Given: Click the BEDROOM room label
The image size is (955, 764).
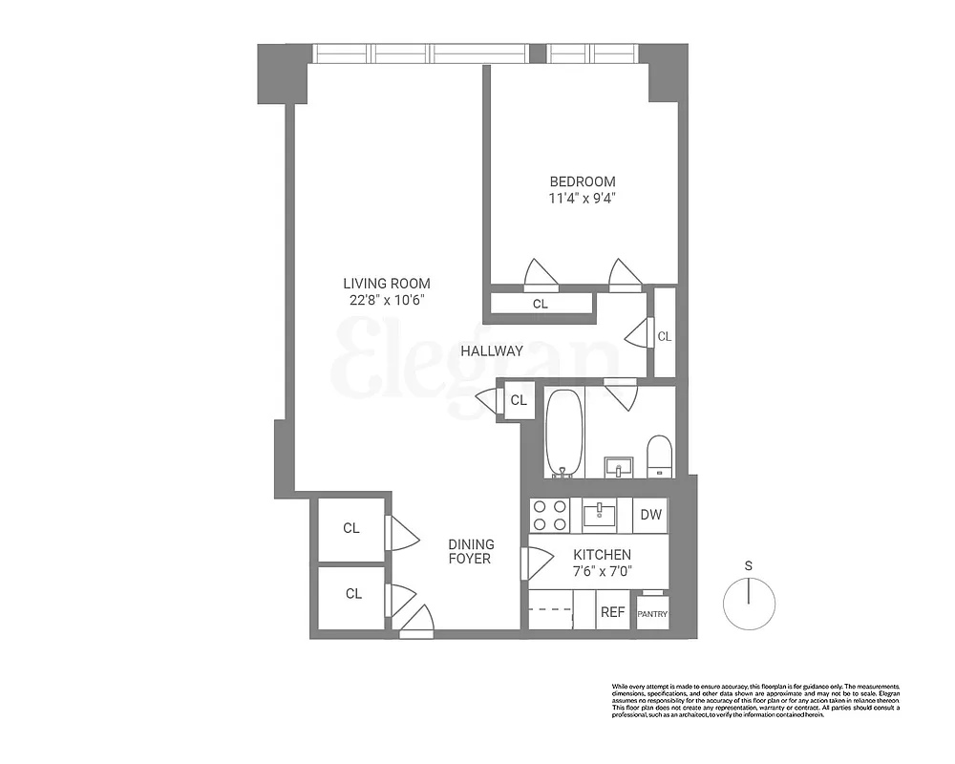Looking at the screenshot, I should (x=582, y=181).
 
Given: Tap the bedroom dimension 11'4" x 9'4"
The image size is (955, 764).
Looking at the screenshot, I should (x=582, y=199).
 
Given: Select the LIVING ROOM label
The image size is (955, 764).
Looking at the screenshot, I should (x=387, y=283).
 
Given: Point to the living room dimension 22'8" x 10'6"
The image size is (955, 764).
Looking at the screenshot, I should (x=387, y=300).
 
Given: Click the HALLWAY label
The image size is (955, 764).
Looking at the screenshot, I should (x=492, y=350).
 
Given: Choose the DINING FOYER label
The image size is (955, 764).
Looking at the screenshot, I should (x=470, y=551).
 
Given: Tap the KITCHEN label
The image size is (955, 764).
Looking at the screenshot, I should (x=602, y=555).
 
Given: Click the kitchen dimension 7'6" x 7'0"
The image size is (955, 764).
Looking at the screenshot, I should (x=602, y=572).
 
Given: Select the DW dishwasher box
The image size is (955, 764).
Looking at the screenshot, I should (x=651, y=516).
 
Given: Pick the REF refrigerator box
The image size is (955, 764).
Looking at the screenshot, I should (x=612, y=612).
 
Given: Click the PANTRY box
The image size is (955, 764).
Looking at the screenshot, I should (x=652, y=613).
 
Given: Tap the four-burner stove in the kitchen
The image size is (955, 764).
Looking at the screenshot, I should (x=550, y=516).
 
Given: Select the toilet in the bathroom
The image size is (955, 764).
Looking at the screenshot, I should (x=660, y=455).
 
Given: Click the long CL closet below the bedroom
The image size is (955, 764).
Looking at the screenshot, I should (x=541, y=304).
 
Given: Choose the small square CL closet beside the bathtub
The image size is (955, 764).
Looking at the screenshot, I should (x=519, y=400).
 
